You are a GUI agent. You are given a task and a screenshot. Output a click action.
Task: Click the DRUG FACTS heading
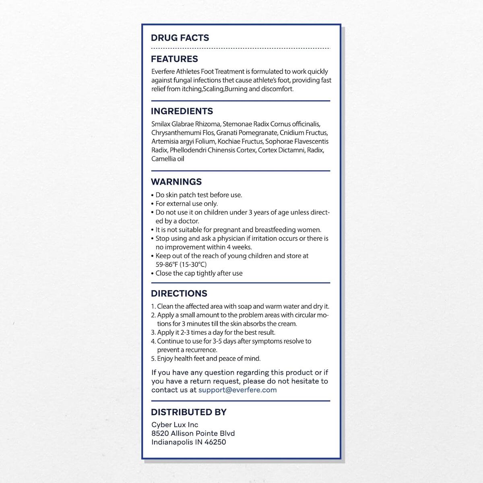click(180, 38)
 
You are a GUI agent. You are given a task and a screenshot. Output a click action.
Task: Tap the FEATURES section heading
click(174, 59)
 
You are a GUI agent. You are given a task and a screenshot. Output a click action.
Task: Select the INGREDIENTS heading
click(182, 111)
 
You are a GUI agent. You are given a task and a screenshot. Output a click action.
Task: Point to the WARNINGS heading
click(176, 182)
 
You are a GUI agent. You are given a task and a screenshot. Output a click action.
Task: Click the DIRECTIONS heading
click(179, 294)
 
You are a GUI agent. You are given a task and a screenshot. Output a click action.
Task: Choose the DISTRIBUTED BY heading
click(189, 412)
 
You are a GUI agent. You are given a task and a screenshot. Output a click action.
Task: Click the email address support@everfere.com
click(237, 390)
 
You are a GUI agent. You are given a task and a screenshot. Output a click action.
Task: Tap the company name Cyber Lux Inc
click(175, 425)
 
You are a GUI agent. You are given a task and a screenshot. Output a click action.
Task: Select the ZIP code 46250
click(215, 442)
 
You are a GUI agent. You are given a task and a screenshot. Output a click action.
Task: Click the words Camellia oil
click(168, 159)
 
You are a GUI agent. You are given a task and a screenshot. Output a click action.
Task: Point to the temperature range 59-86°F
click(167, 264)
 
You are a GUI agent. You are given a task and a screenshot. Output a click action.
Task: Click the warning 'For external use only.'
click(186, 204)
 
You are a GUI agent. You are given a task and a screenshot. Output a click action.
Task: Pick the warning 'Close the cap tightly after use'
click(199, 273)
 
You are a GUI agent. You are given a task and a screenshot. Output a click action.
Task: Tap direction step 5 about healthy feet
click(206, 359)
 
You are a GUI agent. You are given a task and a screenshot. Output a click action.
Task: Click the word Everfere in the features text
click(163, 72)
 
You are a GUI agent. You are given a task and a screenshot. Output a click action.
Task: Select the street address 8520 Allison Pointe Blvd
click(193, 433)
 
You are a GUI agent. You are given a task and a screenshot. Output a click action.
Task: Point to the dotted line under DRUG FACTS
click(240, 48)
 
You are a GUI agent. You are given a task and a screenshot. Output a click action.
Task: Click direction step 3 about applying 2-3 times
click(213, 332)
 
